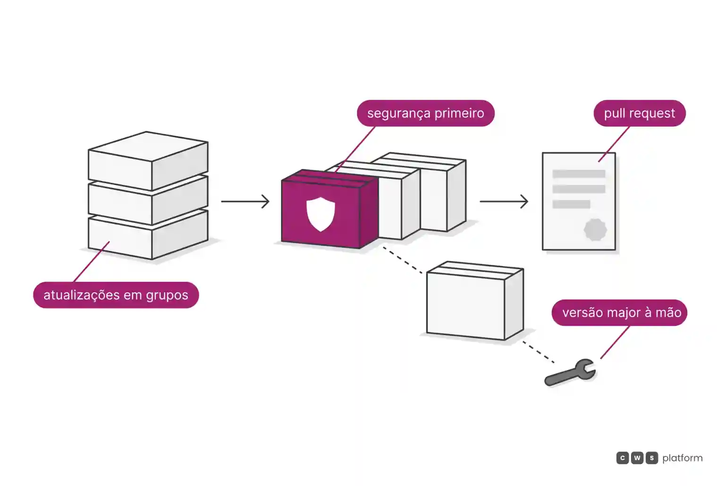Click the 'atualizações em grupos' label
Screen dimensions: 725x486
click(116, 295)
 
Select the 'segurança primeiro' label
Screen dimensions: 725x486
click(426, 113)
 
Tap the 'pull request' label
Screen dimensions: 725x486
click(640, 113)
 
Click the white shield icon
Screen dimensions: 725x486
click(321, 214)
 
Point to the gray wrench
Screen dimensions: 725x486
click(570, 373)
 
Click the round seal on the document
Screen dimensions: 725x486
click(595, 230)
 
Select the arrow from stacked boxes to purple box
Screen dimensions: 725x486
click(245, 201)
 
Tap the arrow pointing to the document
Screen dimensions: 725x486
click(504, 201)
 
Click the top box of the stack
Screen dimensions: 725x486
click(148, 161)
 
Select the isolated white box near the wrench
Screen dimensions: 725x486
click(475, 301)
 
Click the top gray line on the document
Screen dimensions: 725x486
click(579, 174)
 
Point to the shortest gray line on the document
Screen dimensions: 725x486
click(571, 204)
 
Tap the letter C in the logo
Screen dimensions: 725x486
click(623, 458)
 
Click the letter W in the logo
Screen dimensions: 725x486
click(637, 458)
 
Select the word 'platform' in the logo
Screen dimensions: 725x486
click(683, 458)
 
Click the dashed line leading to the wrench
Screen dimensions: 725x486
click(538, 352)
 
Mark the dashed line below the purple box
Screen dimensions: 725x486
click(402, 260)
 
